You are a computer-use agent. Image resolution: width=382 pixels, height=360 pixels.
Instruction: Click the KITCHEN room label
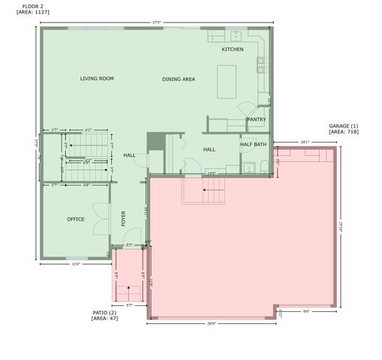coord(232,49)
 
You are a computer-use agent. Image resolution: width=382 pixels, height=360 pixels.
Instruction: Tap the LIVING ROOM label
coord(97,78)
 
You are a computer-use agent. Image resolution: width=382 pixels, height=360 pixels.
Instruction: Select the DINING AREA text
coord(179,79)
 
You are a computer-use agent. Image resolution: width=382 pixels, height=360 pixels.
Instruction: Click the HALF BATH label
coord(254,144)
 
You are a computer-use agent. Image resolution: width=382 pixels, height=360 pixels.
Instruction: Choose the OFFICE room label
coord(75,219)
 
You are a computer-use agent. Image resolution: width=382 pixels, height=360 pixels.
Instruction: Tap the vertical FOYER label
coord(124,218)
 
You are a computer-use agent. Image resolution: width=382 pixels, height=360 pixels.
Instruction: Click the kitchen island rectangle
coord(227,82)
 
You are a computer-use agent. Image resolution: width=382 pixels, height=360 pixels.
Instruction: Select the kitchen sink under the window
coord(235,34)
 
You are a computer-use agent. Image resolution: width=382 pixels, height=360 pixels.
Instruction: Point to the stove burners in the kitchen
coord(263,64)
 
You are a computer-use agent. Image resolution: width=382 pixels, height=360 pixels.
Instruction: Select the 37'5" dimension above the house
coord(156,22)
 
